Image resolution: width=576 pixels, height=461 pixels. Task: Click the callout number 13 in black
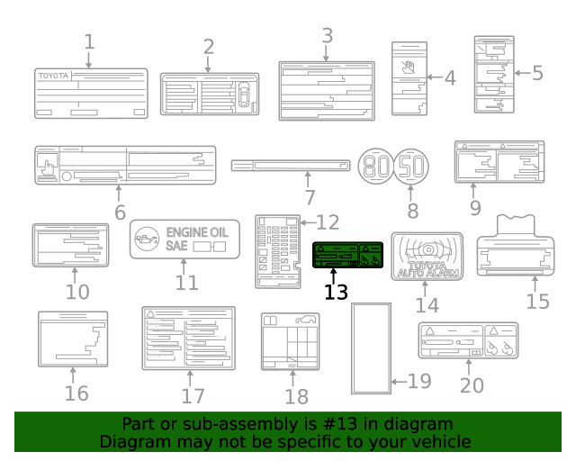335,293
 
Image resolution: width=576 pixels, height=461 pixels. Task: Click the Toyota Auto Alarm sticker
426,255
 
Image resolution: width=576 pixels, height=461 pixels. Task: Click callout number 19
419,381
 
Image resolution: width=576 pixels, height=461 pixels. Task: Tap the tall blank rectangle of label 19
371,348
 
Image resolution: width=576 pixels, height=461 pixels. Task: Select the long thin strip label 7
291,165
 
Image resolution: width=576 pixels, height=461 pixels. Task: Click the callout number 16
76,393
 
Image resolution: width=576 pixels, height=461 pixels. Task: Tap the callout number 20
472,385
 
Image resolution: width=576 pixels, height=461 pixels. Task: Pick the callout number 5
537,73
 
